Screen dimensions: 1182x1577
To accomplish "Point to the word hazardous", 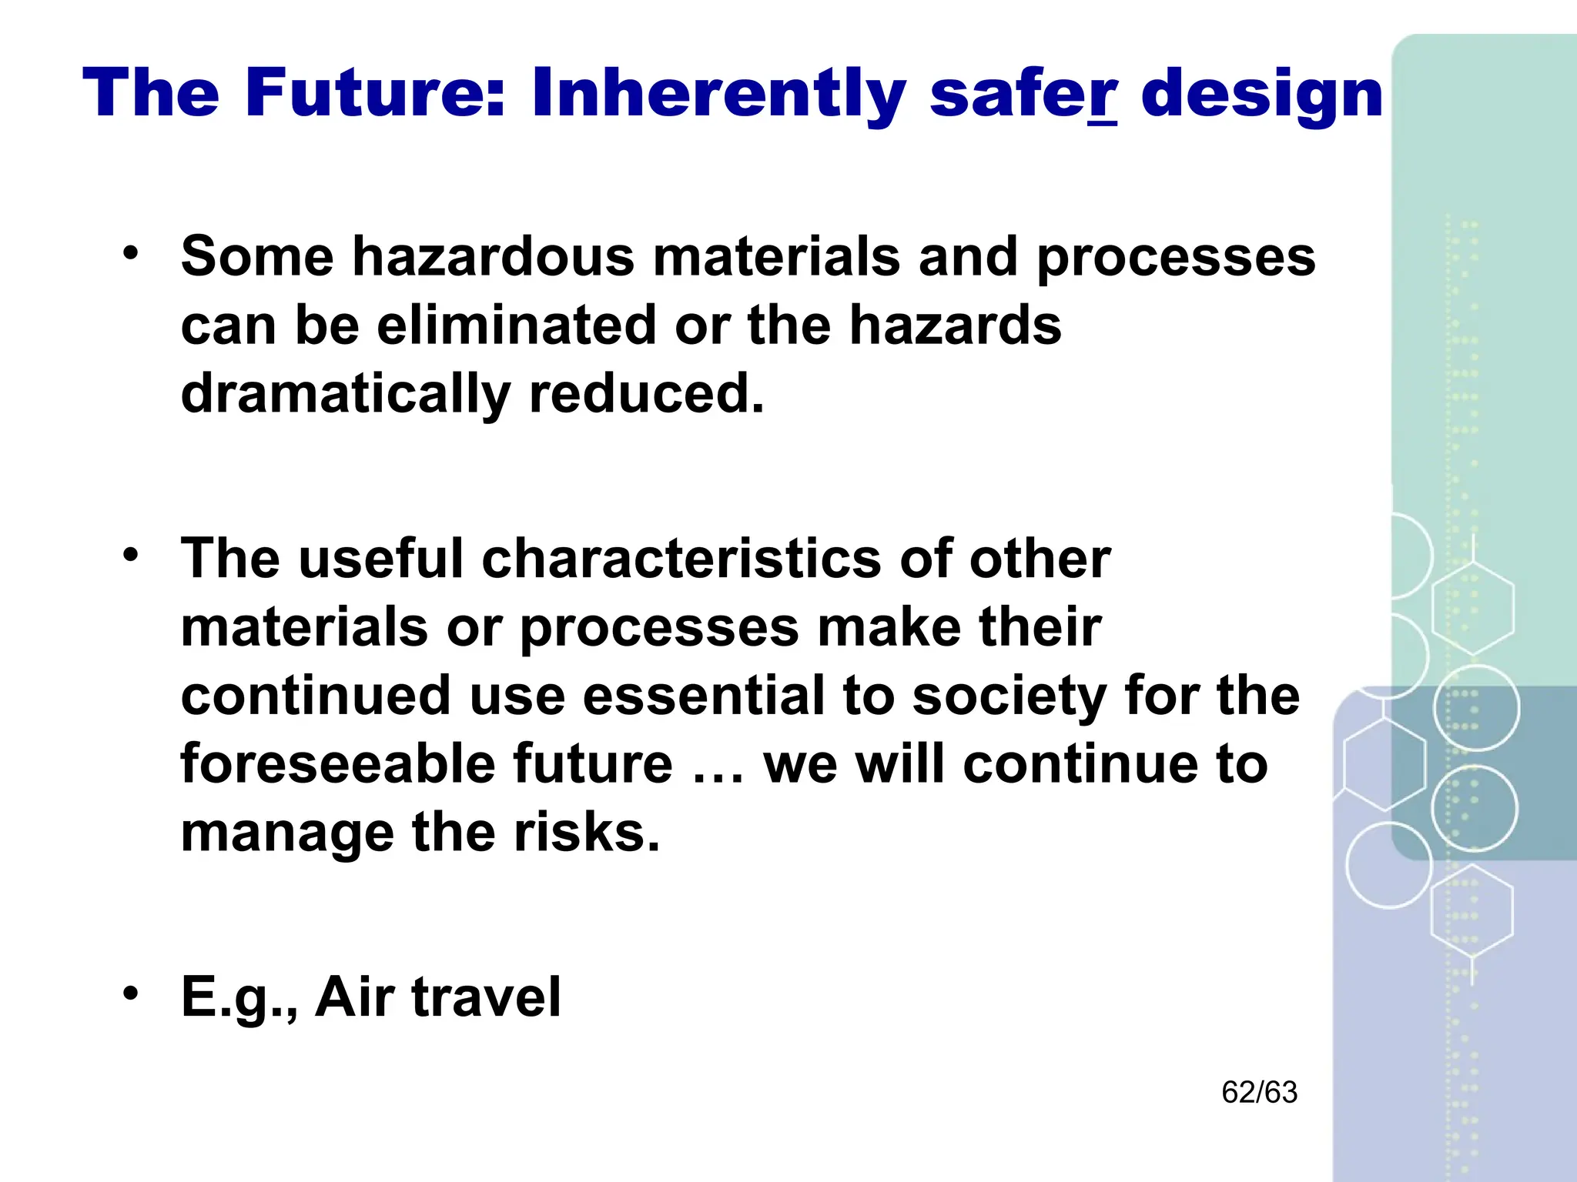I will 494,256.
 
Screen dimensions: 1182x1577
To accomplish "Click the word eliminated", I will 516,325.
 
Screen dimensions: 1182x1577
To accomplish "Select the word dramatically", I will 345,394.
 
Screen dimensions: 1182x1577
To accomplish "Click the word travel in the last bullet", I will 486,997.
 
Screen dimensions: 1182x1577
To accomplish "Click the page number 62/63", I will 1260,1093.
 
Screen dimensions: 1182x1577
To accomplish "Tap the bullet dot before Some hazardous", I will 132,252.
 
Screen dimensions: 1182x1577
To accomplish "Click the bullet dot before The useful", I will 132,554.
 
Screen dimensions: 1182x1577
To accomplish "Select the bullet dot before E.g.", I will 132,992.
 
